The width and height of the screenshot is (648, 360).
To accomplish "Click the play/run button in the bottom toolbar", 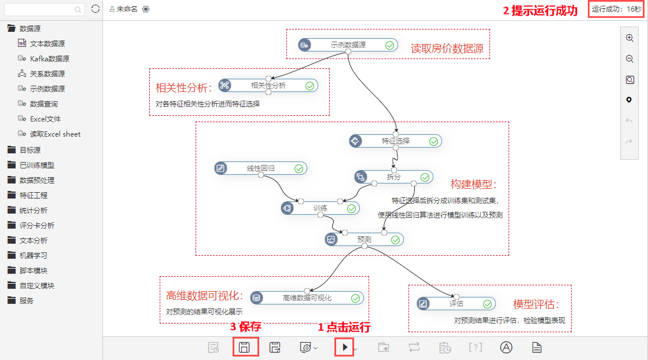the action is click(345, 348).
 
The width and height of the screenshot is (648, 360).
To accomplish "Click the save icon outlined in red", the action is click(244, 348).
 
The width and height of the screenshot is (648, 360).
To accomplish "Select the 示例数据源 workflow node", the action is click(348, 45).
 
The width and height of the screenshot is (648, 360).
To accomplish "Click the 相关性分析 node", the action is click(268, 86).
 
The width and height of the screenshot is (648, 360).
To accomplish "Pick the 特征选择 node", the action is click(396, 141).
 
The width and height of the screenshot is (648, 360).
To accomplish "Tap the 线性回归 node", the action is click(261, 168).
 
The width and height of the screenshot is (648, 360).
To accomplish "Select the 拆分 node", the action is click(394, 177).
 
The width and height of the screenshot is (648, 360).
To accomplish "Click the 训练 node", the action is click(321, 208).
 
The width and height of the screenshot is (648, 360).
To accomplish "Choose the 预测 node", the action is click(364, 239).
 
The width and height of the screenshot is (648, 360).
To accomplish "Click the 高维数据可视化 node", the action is click(307, 298).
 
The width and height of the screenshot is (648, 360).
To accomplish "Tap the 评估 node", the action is click(456, 304).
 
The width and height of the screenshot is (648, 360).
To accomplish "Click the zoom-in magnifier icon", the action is click(629, 38).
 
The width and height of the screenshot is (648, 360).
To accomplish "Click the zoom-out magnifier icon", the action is click(629, 58).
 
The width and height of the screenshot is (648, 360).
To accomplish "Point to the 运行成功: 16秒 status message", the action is click(616, 9).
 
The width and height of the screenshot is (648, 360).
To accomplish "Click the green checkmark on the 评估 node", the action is click(487, 304).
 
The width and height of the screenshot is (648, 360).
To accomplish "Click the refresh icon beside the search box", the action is click(95, 9).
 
